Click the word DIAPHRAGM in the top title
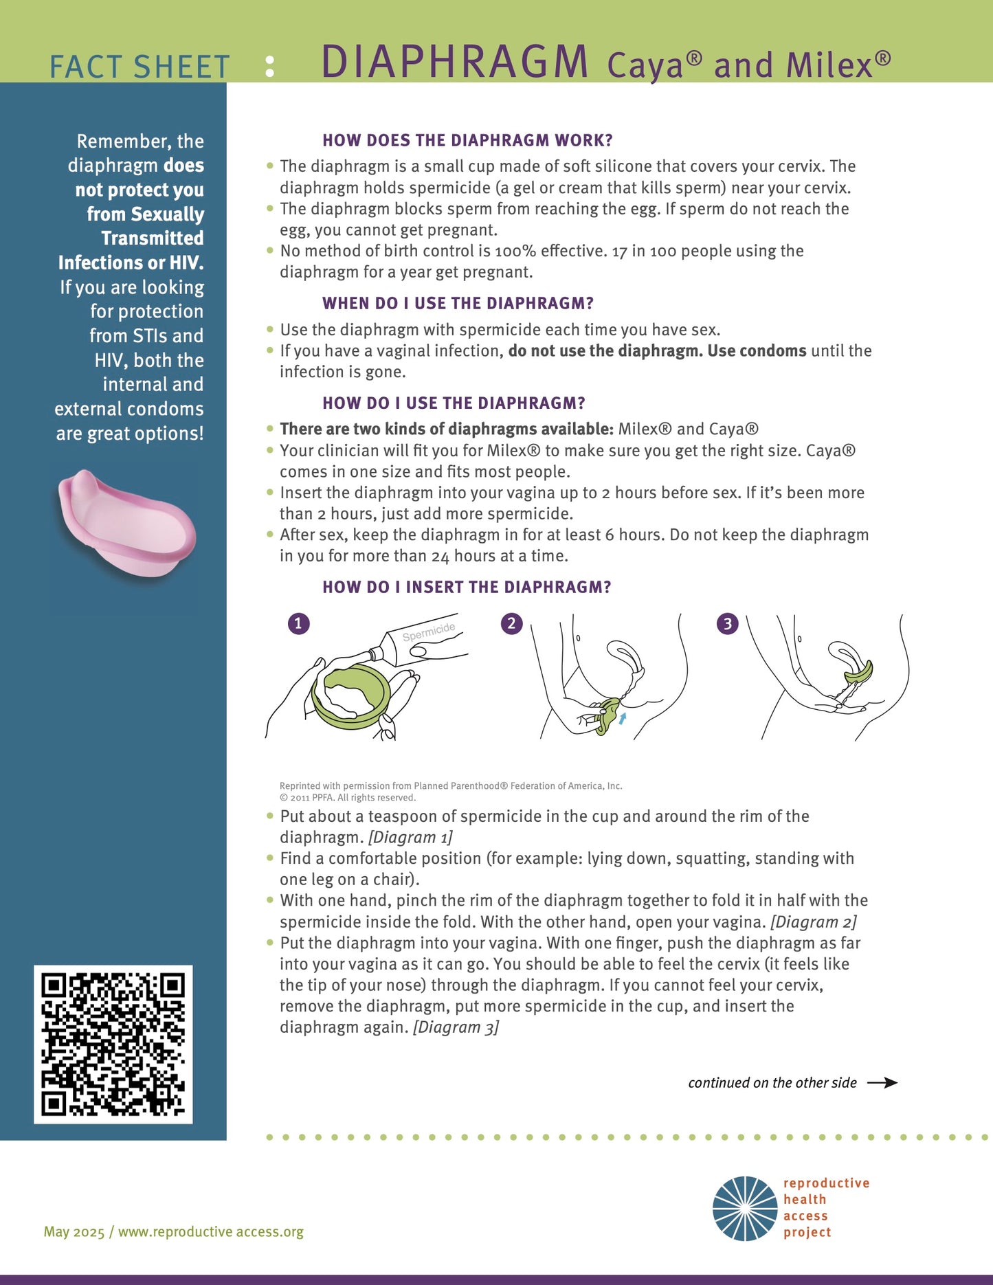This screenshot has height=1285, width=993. coord(454,63)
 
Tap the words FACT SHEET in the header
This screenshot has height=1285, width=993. coord(140,67)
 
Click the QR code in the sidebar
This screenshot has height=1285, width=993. coord(113,1044)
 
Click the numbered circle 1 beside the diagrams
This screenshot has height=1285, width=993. coord(298,623)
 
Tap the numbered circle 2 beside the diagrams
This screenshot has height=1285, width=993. coord(511,623)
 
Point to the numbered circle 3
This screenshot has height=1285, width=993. coord(727,623)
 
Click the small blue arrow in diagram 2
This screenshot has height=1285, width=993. coord(623,718)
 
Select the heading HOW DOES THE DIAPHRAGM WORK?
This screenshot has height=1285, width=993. coord(467,140)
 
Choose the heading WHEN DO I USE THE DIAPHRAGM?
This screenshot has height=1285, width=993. coord(458,303)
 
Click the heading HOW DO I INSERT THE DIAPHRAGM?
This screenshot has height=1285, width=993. coord(467,587)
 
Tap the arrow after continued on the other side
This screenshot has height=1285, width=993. coord(882,1083)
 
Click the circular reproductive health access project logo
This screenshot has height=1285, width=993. coord(745,1209)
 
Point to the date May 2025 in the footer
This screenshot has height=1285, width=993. coord(74,1231)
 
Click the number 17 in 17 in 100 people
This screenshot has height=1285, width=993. coord(619,252)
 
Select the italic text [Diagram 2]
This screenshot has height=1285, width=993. coord(814,921)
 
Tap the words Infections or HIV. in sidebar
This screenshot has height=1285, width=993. coord(131,262)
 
